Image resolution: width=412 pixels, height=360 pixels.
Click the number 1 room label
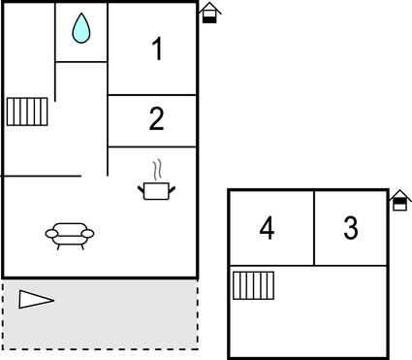[157, 49]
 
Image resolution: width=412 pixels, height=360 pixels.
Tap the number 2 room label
[157, 120]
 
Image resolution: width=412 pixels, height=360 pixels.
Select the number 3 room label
[351, 229]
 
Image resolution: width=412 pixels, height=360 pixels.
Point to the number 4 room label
[268, 229]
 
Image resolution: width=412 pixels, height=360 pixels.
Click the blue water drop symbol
[81, 29]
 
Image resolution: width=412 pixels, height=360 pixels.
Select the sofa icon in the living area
[70, 234]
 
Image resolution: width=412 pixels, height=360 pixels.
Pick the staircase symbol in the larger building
[27, 112]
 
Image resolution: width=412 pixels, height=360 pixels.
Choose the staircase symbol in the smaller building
[253, 286]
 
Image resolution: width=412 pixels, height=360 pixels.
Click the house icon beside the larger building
[209, 13]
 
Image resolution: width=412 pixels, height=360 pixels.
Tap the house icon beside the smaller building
[399, 200]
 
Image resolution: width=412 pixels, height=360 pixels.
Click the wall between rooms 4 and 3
[314, 227]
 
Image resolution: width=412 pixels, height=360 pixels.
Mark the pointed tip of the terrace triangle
[53, 299]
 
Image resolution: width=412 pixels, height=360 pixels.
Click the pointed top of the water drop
[81, 16]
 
